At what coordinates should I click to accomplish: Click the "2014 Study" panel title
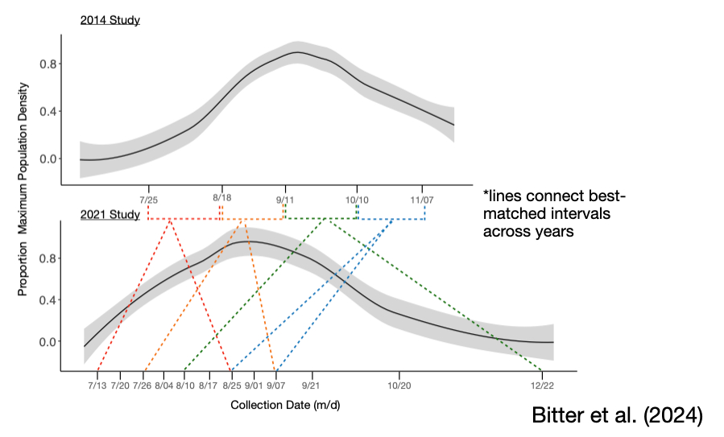pos(110,20)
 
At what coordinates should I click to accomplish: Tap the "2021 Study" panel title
pos(110,215)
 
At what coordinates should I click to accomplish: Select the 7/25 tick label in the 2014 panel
pos(148,198)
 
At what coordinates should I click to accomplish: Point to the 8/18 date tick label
pos(221,198)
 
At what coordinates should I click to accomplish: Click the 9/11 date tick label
pos(284,198)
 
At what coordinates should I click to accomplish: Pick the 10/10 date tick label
pos(358,198)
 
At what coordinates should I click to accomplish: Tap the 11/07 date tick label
pos(422,198)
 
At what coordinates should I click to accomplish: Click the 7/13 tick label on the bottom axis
pos(97,385)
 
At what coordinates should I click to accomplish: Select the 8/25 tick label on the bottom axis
pos(232,385)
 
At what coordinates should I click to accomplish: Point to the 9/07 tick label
pos(276,385)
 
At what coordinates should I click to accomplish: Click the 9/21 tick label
pos(312,385)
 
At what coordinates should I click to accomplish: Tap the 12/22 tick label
pos(541,385)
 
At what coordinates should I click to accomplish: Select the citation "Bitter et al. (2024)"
pos(618,415)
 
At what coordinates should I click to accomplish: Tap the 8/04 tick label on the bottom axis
pos(163,385)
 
